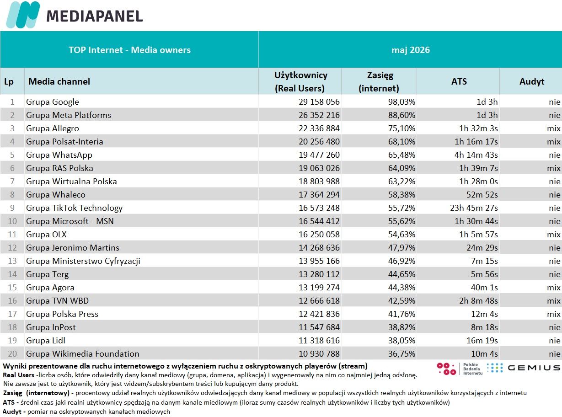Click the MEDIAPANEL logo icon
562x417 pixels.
(x=23, y=15)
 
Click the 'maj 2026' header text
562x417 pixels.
(x=411, y=50)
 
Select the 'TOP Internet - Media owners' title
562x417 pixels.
(x=129, y=50)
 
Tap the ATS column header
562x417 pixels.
(x=459, y=81)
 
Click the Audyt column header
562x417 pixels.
(x=532, y=81)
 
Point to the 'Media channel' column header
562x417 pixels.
(x=59, y=81)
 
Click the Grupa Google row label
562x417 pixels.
(x=53, y=102)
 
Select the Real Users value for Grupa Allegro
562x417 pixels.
(x=319, y=128)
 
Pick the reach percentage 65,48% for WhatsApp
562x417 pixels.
(x=401, y=155)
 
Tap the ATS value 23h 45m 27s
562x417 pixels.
(x=474, y=208)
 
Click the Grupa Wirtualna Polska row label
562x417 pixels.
(x=71, y=182)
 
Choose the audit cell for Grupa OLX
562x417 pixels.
(x=554, y=235)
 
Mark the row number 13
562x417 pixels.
(x=12, y=261)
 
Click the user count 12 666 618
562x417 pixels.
(x=319, y=301)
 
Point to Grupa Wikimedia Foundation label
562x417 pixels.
(x=83, y=353)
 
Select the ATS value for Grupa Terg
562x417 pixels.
(x=484, y=274)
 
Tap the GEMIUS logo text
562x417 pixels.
(x=534, y=368)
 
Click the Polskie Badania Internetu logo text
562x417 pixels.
(x=473, y=369)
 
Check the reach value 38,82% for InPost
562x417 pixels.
(x=401, y=327)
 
